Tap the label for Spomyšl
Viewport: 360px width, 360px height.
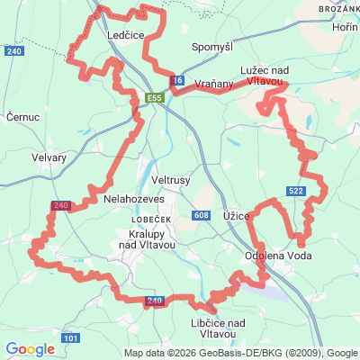click(x=211, y=46)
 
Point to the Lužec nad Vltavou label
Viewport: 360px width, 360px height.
click(x=263, y=76)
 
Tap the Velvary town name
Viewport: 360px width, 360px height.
click(x=49, y=157)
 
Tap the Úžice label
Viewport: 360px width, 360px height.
click(x=236, y=219)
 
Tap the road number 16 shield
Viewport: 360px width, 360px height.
click(x=177, y=81)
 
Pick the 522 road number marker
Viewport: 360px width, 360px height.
click(x=296, y=191)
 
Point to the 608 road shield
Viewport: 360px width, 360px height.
click(x=201, y=215)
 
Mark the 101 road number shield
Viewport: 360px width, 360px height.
click(x=71, y=338)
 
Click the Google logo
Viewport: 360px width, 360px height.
click(x=30, y=349)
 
